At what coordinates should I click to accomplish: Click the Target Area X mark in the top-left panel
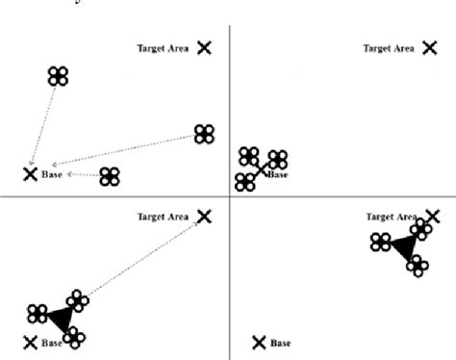204,47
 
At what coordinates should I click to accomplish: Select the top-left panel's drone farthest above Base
59,76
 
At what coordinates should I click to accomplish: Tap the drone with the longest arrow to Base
204,134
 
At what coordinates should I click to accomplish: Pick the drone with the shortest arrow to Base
110,176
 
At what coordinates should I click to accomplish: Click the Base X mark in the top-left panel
30,174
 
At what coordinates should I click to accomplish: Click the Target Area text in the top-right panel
388,47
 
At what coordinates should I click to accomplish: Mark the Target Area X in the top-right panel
429,47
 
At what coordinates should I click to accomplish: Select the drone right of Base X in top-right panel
278,160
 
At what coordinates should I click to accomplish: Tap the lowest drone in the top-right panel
244,181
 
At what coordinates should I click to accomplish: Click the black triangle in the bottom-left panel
61,319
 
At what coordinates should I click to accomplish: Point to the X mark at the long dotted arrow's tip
204,217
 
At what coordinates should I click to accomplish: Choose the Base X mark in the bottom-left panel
30,342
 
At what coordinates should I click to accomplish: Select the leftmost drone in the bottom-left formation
38,313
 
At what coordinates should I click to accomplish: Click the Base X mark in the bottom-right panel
258,342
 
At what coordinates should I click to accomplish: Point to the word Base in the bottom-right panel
281,343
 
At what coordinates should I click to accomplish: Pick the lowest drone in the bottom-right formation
417,266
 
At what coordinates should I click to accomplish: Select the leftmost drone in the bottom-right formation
381,242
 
